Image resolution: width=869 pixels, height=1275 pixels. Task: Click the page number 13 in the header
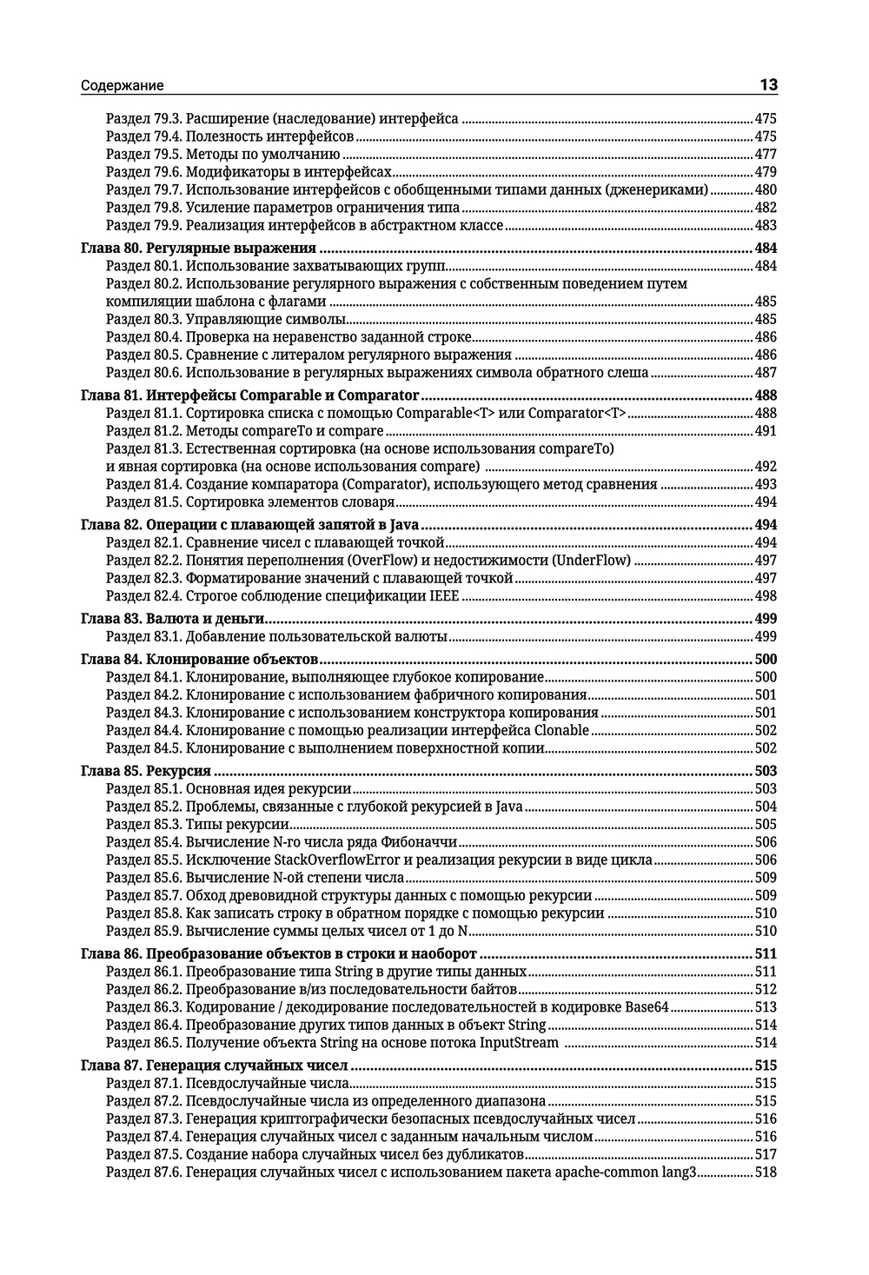(768, 84)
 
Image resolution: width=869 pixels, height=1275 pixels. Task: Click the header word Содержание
(122, 86)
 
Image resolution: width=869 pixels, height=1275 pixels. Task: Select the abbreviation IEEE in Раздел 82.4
(444, 596)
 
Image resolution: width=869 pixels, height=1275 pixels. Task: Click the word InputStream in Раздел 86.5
(518, 1043)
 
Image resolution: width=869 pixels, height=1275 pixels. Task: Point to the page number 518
(766, 1172)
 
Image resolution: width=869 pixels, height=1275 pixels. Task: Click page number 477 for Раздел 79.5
(766, 155)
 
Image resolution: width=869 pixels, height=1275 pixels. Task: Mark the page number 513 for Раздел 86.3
(766, 1007)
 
